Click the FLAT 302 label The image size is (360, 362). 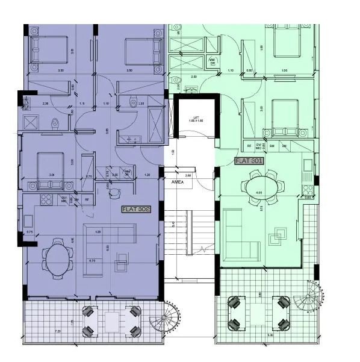(135, 209)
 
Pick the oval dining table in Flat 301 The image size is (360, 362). (264, 186)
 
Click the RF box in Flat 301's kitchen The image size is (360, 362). (249, 146)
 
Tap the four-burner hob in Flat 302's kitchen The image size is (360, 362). (45, 199)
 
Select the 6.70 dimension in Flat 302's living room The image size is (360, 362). (92, 261)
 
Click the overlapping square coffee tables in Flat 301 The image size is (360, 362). (278, 234)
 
